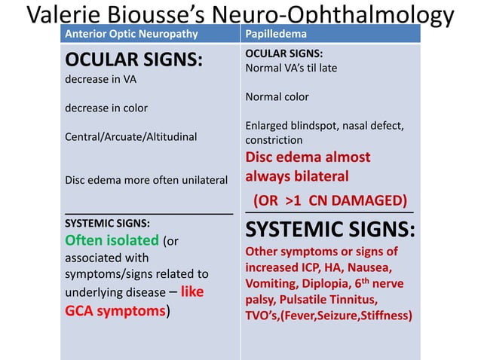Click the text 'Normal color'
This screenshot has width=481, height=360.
pos(277,96)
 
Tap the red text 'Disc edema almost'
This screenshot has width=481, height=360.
pos(308,157)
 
